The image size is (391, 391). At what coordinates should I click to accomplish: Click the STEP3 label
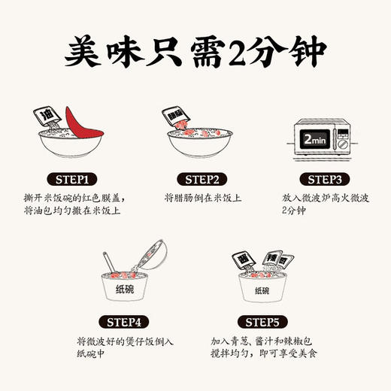(x=315, y=179)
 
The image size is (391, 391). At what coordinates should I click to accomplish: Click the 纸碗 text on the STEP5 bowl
(x=261, y=290)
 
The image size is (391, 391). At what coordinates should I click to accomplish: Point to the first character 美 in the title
(x=84, y=53)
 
